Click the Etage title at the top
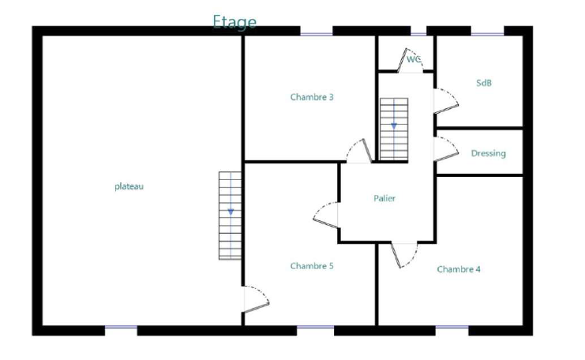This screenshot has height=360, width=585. pos(234,22)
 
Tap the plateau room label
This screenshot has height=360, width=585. pos(129,186)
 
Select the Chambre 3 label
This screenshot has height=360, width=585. pos(312,97)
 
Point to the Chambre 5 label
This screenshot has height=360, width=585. pos(312,266)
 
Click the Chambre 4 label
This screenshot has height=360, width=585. pos(459,269)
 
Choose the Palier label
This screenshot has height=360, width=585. pos(384,198)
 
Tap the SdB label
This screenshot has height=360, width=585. pos(484,83)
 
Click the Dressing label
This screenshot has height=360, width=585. pos(489,153)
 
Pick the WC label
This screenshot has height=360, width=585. pos(414,59)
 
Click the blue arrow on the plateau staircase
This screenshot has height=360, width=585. pos(231,212)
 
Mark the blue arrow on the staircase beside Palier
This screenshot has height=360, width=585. pos(394,126)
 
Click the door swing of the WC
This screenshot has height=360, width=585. pos(410,61)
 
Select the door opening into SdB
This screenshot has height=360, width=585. pos(446,101)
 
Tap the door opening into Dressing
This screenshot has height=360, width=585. pos(446,149)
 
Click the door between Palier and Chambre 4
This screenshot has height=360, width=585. pos(404,256)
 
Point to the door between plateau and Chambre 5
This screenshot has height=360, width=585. pos(256,299)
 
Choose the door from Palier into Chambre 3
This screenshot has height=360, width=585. pos(359,151)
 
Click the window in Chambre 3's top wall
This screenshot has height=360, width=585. pos(317,34)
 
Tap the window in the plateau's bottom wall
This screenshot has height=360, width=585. pos(121,327)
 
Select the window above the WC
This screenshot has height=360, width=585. pos(418,34)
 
